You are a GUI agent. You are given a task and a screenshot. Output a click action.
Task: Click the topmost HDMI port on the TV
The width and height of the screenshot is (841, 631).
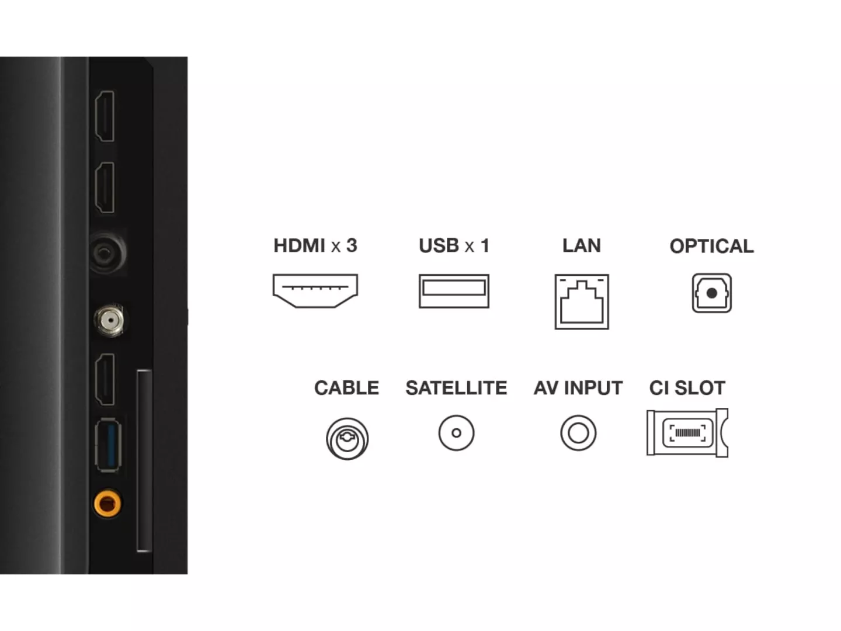tap(105, 116)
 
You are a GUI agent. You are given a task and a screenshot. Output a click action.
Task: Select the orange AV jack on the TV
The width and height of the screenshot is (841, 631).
tap(107, 503)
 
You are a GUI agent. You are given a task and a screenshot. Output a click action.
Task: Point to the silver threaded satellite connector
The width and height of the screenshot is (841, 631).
tap(109, 320)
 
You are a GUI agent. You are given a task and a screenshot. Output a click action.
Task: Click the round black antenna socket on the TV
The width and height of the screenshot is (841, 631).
tap(107, 252)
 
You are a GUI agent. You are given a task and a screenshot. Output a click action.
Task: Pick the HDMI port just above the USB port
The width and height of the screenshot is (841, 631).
tap(105, 379)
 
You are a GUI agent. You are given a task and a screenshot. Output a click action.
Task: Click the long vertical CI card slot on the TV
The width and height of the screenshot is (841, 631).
tap(144, 461)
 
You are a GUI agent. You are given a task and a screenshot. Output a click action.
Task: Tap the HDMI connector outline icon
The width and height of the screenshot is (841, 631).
tap(315, 291)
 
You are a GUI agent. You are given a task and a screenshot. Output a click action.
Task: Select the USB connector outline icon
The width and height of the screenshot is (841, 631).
tap(454, 291)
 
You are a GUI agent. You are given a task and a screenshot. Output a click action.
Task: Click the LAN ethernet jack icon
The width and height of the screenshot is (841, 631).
tap(582, 301)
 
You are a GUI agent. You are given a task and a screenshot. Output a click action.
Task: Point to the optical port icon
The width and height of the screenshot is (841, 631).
tap(711, 293)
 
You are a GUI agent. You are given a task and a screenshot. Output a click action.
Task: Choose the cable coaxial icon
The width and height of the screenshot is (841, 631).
tap(347, 439)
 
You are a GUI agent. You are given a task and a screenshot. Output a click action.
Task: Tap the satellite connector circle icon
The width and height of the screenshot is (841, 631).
tap(456, 433)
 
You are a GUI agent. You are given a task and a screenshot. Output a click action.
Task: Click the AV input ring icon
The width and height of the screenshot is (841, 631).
tap(578, 433)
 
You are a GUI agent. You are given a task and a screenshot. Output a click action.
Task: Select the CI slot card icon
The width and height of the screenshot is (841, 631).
tap(687, 433)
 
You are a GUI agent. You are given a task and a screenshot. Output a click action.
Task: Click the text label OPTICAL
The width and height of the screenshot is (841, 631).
tap(711, 246)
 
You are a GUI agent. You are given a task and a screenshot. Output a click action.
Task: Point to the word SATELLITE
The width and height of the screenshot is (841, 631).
tap(456, 388)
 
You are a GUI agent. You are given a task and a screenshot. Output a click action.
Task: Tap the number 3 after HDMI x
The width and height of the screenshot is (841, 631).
tap(352, 245)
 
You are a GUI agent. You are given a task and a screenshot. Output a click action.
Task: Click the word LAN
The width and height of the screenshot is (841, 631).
tap(582, 245)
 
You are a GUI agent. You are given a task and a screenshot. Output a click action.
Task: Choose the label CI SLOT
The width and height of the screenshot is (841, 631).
tap(687, 388)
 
